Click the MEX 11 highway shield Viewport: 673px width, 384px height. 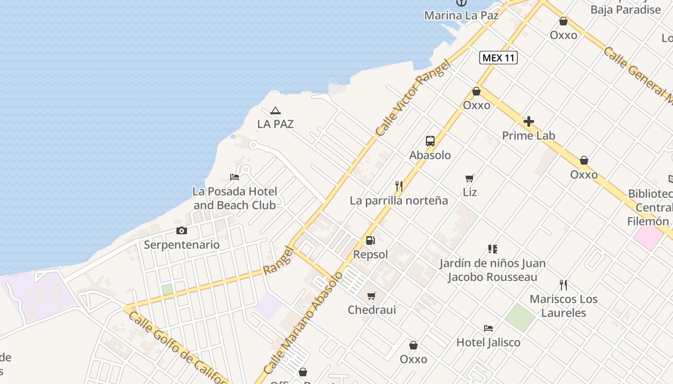click(x=499, y=58)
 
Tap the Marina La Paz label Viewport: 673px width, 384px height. click(x=461, y=15)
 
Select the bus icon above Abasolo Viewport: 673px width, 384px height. click(x=430, y=141)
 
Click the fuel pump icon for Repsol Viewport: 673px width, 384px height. click(x=370, y=240)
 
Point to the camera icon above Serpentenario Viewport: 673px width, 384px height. click(x=182, y=231)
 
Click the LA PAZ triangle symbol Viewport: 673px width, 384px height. click(x=275, y=111)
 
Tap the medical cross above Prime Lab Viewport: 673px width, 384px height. click(x=528, y=121)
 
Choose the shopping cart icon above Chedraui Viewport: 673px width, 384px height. click(x=372, y=296)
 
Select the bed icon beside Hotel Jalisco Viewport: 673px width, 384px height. click(x=488, y=329)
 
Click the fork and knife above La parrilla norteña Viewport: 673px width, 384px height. click(x=399, y=186)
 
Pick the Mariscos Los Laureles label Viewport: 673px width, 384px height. click(x=564, y=306)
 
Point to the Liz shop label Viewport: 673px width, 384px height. click(x=470, y=192)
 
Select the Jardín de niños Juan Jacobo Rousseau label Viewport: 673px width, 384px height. click(x=492, y=270)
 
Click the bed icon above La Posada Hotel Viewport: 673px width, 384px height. click(x=235, y=177)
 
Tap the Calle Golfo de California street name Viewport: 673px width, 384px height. click(x=178, y=349)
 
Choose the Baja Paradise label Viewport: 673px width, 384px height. click(x=625, y=10)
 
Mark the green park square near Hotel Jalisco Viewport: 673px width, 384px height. click(x=520, y=318)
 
